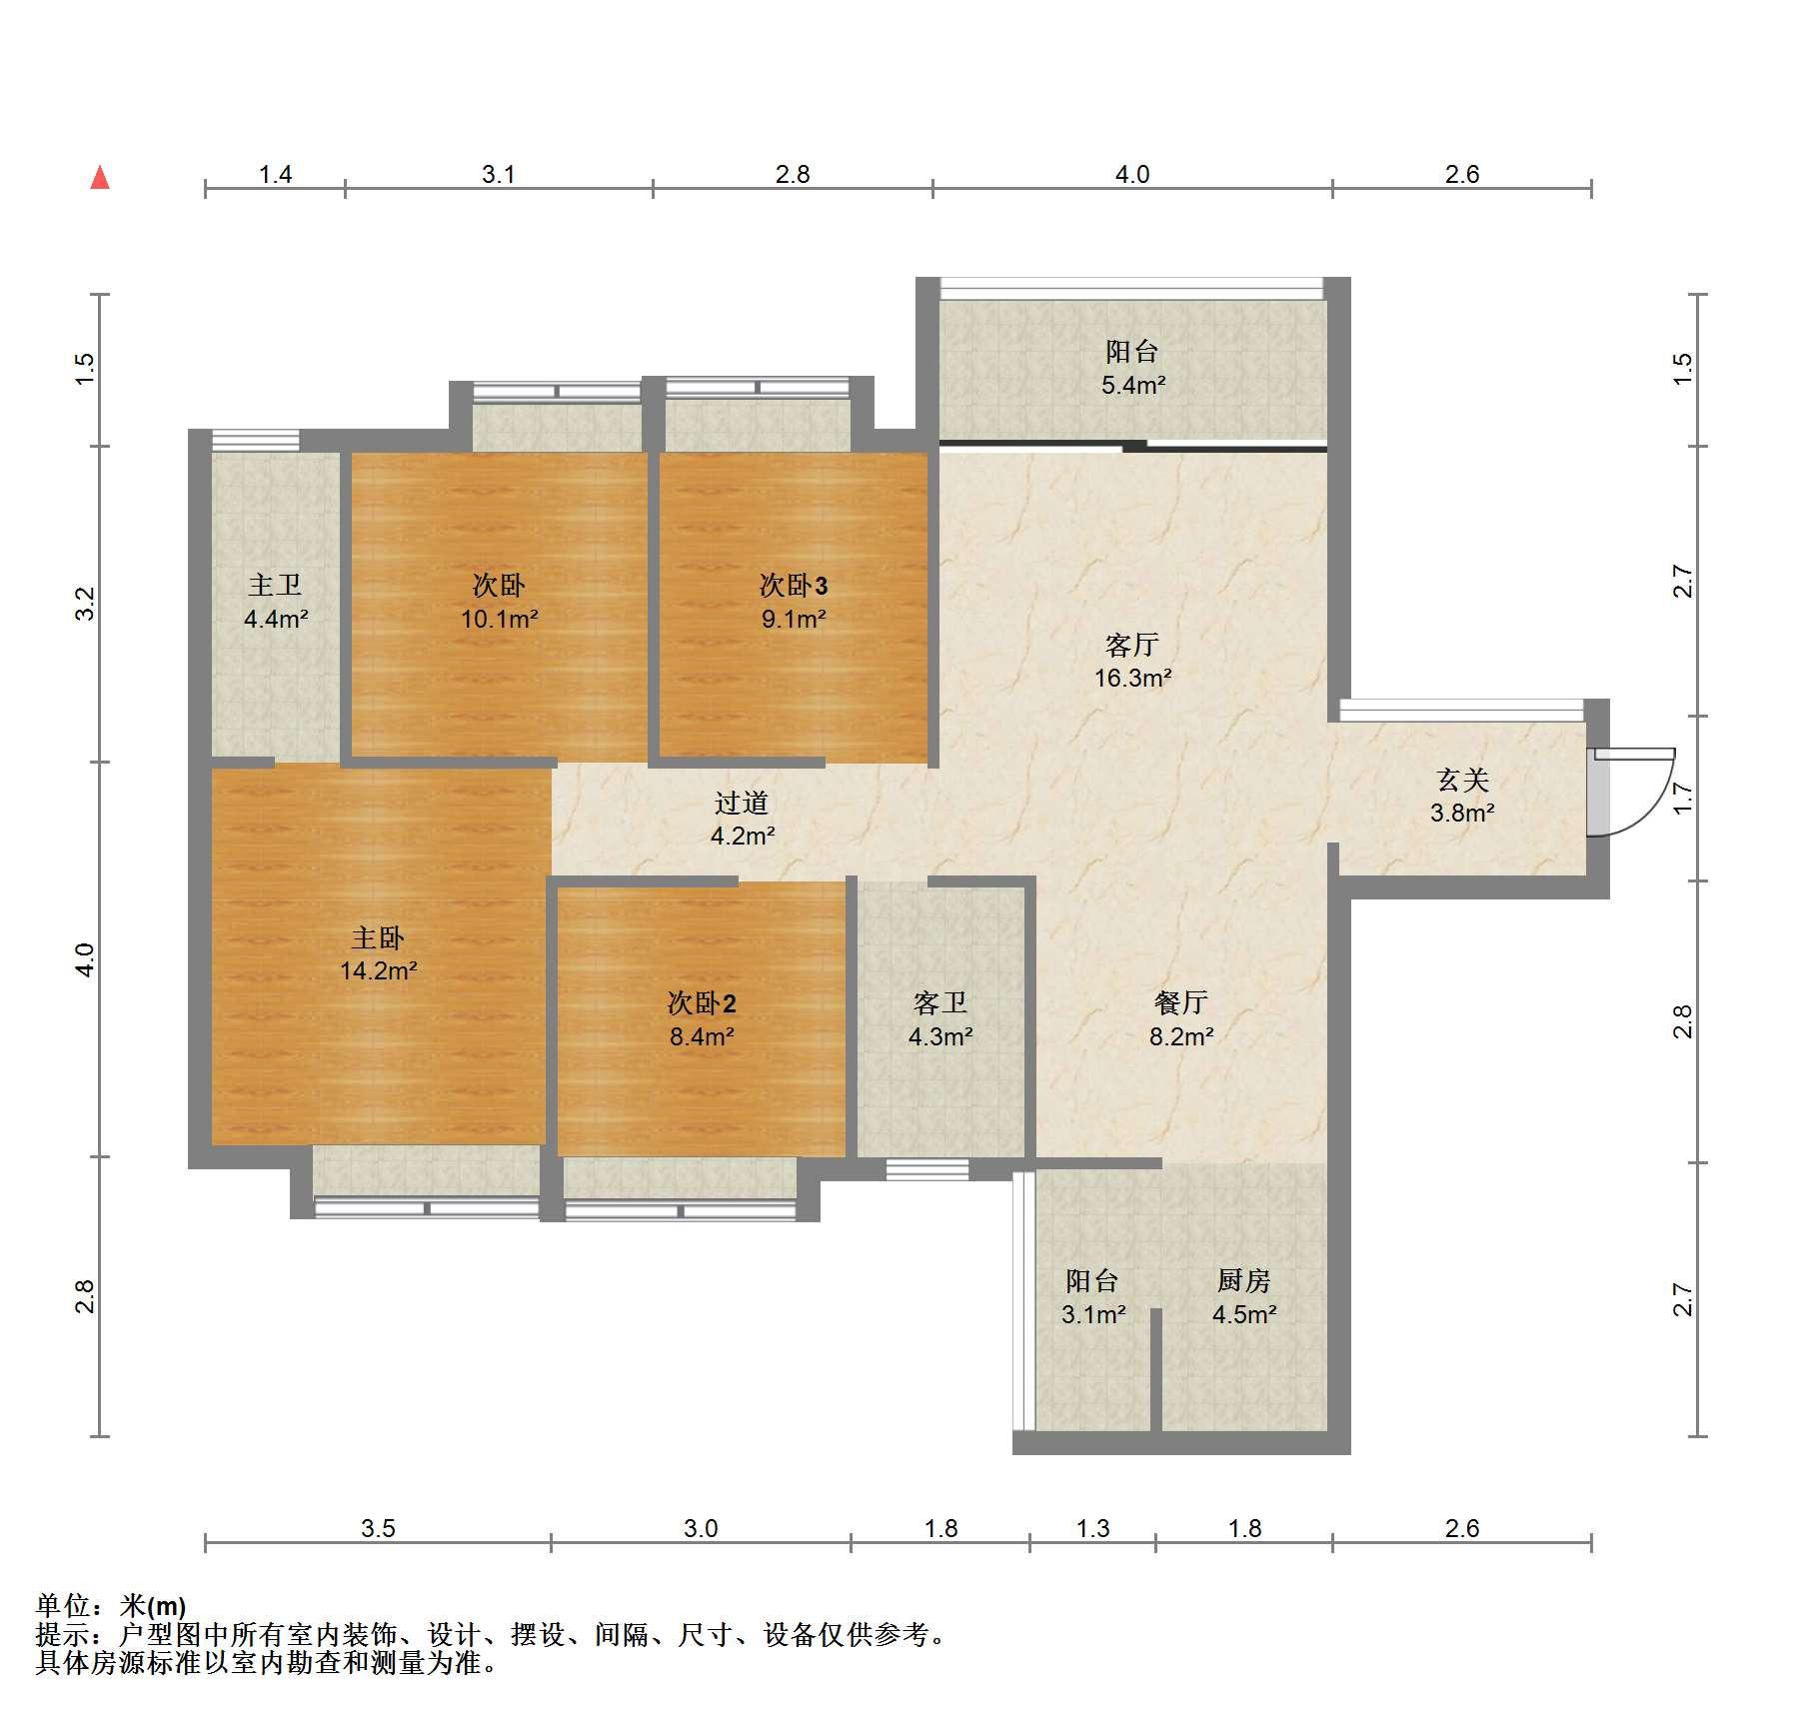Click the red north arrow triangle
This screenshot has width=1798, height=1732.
click(100, 178)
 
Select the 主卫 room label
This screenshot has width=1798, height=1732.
click(275, 585)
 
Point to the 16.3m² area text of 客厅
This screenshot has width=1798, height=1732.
click(1132, 679)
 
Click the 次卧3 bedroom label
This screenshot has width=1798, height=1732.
click(794, 585)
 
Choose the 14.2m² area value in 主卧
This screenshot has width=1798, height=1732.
click(378, 970)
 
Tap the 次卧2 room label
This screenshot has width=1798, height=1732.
click(702, 1002)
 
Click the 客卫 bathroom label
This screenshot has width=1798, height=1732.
click(940, 1002)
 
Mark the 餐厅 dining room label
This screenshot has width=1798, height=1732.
click(1181, 1002)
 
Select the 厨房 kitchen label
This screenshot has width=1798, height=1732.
click(1244, 1280)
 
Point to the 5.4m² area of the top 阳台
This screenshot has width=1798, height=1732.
click(1134, 385)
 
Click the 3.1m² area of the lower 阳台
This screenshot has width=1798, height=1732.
click(1093, 1314)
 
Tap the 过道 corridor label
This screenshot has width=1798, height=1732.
click(742, 803)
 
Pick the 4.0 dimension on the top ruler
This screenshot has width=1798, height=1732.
click(1132, 175)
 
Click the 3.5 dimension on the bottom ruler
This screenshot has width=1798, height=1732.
click(378, 1528)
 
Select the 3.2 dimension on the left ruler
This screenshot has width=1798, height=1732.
click(86, 604)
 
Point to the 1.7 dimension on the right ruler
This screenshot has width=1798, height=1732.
click(1683, 798)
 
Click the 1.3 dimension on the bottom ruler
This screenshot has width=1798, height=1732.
click(1092, 1528)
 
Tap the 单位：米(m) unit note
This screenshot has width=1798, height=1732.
click(111, 1606)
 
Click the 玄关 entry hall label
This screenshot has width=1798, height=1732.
click(1463, 780)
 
